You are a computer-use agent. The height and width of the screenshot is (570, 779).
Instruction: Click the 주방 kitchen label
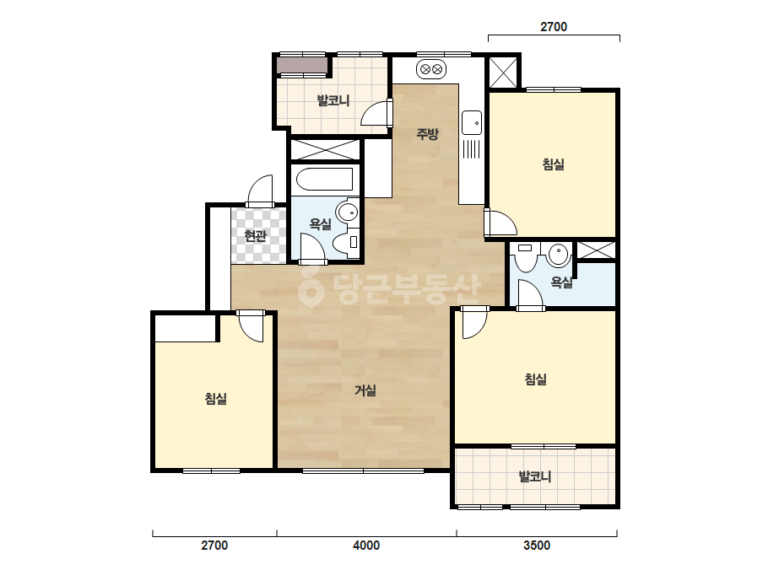point(427,133)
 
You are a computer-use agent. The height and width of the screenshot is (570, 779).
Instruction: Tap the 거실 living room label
point(365,390)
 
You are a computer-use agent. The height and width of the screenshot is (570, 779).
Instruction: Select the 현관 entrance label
point(256,235)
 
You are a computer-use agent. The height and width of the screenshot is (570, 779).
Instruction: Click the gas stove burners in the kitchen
point(431,69)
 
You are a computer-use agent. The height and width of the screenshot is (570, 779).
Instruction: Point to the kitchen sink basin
point(472,122)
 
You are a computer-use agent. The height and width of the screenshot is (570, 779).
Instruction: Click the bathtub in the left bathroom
point(324,180)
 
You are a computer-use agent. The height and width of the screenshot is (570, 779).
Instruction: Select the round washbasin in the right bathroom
point(559,255)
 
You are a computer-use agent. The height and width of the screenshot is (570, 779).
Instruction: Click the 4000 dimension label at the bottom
point(366,546)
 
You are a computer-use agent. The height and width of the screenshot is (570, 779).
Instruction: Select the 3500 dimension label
point(537,546)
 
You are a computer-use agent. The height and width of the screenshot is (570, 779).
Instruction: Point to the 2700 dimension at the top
point(554,27)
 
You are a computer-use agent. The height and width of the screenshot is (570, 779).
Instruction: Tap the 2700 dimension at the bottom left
point(214,546)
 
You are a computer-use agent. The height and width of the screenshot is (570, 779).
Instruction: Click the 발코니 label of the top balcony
point(333,101)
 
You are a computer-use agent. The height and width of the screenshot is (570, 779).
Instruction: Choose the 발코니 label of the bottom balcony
point(535,476)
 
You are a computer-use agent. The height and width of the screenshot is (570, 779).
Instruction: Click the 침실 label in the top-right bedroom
point(554,164)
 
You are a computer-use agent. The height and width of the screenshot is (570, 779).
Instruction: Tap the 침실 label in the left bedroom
point(216,398)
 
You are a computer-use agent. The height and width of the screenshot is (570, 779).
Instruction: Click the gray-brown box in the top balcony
point(302,66)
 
